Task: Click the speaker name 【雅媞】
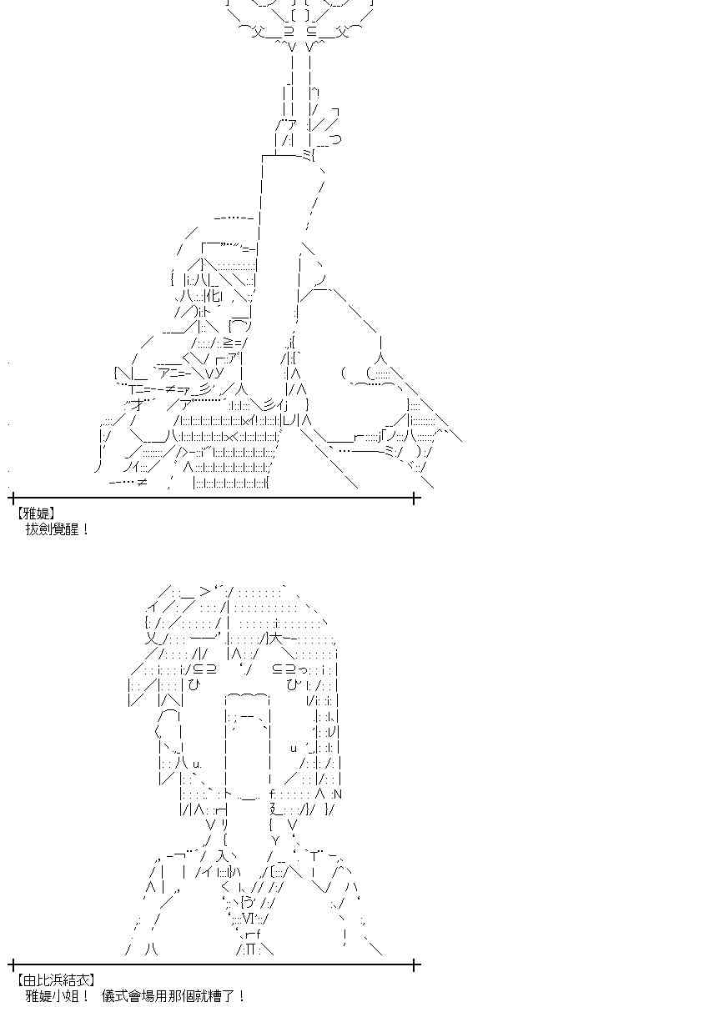(x=37, y=514)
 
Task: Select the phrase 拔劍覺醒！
(x=58, y=529)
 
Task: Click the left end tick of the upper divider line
(x=13, y=498)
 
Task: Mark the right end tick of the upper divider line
(x=415, y=498)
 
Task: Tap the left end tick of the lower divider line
(x=13, y=964)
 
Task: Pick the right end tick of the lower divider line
(x=415, y=964)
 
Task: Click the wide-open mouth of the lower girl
(x=248, y=744)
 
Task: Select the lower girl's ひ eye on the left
(x=194, y=685)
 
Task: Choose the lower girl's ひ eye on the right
(x=293, y=685)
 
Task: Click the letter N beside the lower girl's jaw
(x=338, y=794)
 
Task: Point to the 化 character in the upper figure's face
(x=214, y=297)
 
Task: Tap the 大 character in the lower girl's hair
(x=277, y=639)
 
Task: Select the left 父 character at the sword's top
(x=257, y=32)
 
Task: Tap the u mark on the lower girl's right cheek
(x=294, y=748)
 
